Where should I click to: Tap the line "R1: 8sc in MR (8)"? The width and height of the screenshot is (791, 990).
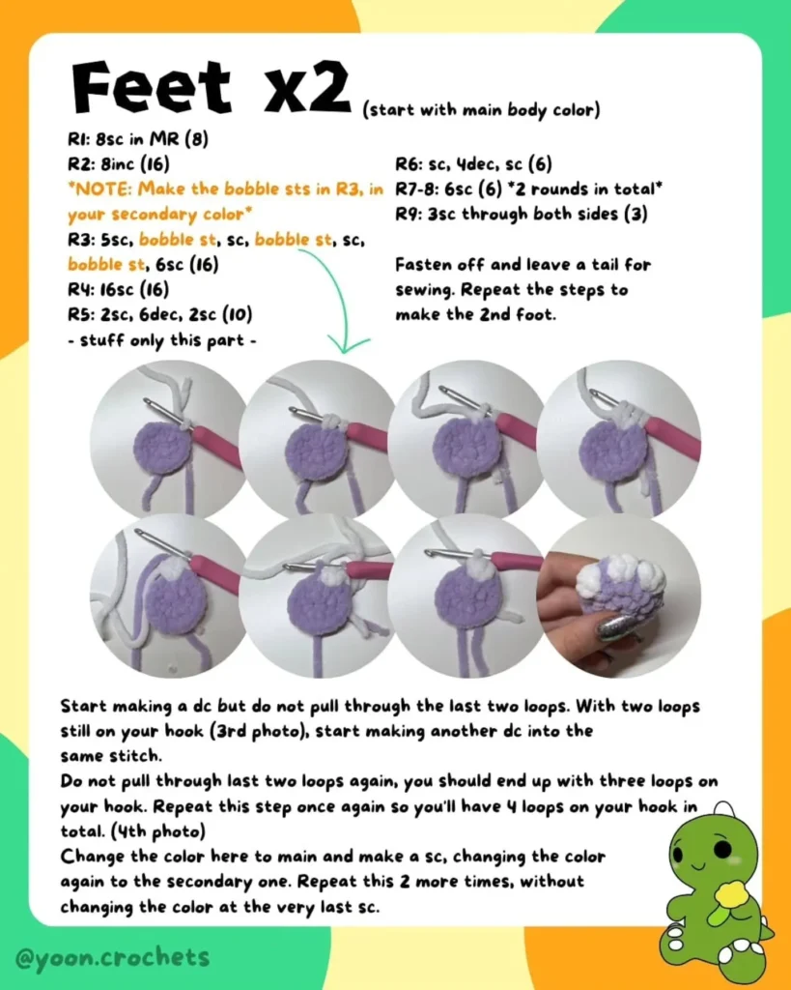coord(138,139)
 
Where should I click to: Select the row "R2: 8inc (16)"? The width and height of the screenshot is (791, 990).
coord(119,164)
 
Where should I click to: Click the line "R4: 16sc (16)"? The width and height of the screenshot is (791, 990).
coord(119,289)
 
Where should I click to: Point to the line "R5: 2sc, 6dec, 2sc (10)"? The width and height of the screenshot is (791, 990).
coord(160,314)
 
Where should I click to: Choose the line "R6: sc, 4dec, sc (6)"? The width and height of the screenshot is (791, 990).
coord(473,164)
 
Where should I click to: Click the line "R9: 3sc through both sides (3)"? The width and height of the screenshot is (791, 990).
coord(522,215)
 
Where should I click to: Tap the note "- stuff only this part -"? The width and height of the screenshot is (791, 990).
coord(162,340)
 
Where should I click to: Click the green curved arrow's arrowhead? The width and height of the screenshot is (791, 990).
coord(348,345)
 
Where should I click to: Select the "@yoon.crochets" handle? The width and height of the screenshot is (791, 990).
coord(112,958)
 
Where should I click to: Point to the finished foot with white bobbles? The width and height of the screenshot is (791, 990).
coord(620,583)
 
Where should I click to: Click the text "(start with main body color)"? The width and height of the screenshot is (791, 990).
coord(481,110)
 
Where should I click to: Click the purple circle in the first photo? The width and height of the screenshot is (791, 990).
coord(165,447)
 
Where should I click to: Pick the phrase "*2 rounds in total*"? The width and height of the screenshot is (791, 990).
coord(586,189)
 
